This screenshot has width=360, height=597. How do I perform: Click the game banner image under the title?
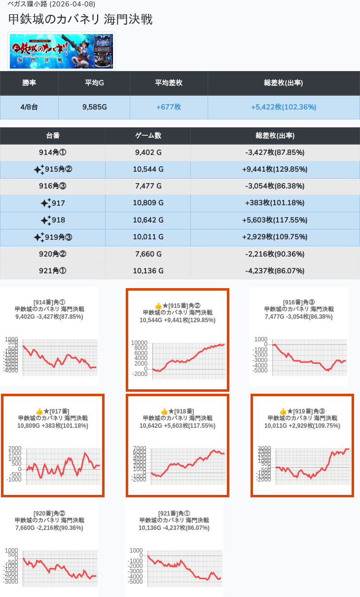pos(62,51)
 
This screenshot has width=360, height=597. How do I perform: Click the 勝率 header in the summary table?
pos(29,83)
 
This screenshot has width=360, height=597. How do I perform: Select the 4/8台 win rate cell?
pos(29,107)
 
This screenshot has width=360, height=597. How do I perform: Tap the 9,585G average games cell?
pos(94,107)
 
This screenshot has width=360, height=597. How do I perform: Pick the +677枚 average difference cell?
pos(169,107)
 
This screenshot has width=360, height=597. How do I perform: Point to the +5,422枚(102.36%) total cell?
pos(284,107)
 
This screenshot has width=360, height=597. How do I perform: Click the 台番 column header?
pos(53,136)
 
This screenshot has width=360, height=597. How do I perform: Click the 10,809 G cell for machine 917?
pos(148,203)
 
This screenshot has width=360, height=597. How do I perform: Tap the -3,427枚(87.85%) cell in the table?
pos(275,152)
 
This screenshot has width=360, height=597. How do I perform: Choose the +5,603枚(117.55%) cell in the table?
pos(275,220)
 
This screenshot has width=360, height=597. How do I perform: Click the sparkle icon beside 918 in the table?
pos(45,220)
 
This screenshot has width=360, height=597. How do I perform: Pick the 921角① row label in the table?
pos(52,271)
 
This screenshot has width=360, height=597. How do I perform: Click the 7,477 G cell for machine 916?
pos(148,186)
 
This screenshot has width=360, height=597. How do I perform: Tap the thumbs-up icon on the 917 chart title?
pos(39,411)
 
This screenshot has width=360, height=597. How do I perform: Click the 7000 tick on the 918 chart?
pos(140,448)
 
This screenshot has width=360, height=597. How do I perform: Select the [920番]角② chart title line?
pos(49,513)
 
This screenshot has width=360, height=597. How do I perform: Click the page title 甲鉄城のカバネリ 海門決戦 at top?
pos(80,19)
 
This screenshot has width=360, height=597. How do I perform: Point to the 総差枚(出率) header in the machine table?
pos(275,136)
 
